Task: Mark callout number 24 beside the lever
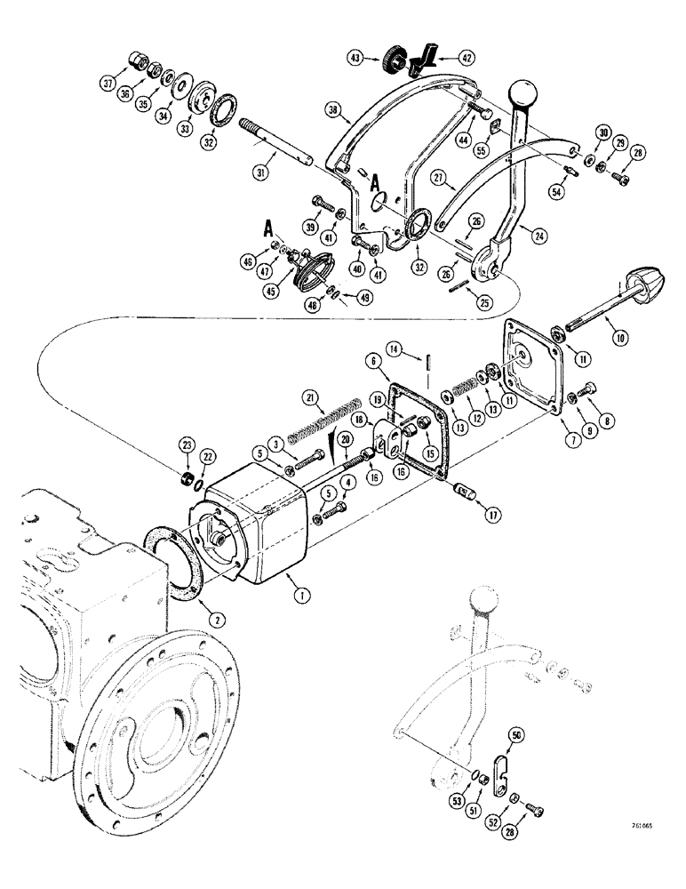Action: tap(536, 235)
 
